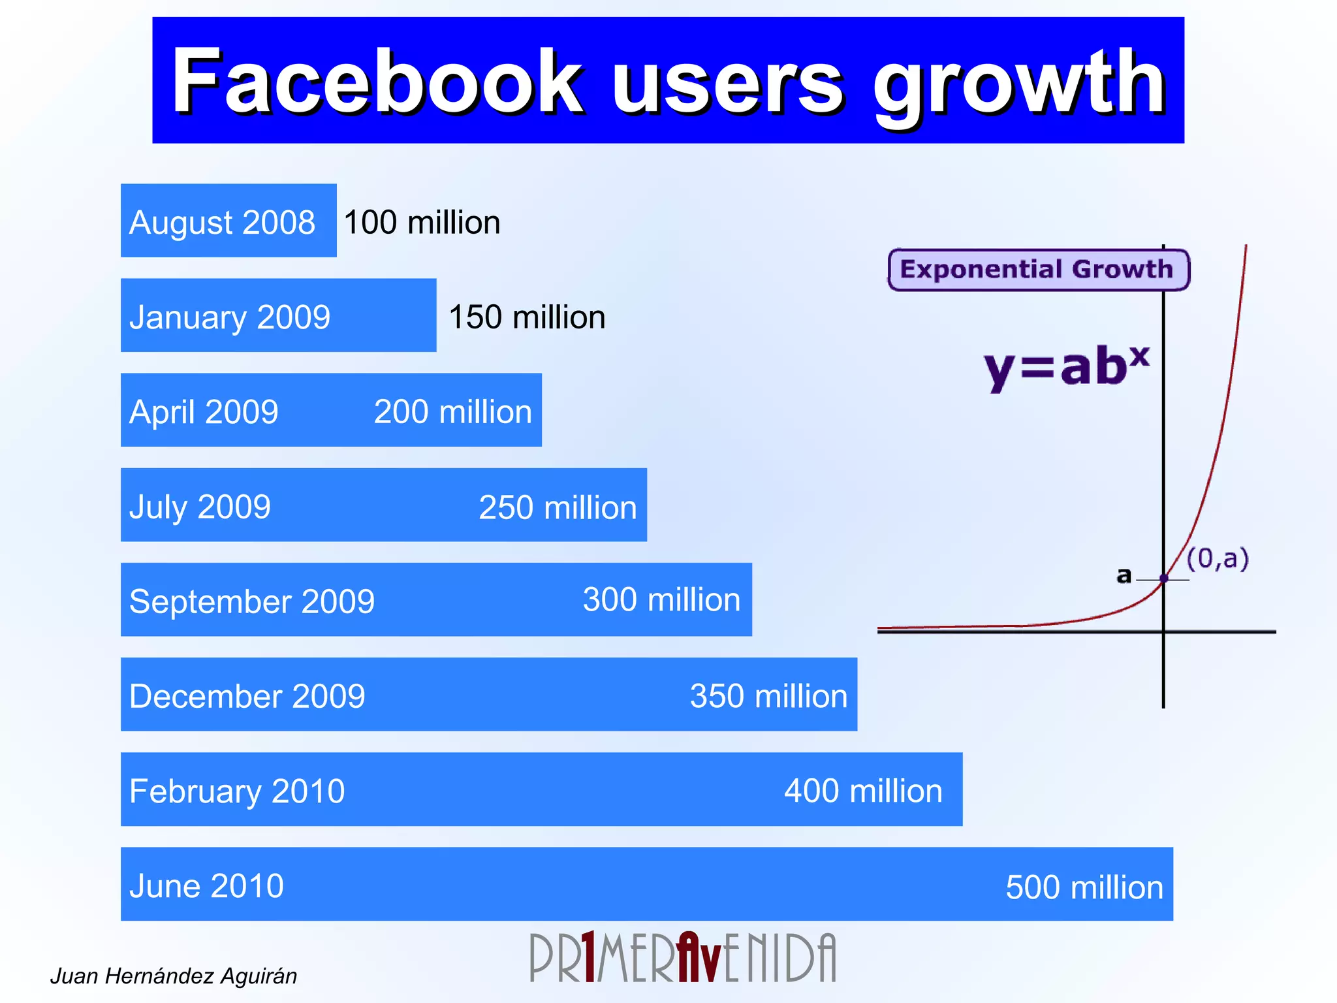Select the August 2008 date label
pyautogui.click(x=222, y=222)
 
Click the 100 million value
pyautogui.click(x=422, y=222)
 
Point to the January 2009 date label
pyautogui.click(x=230, y=317)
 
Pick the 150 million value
pyautogui.click(x=527, y=317)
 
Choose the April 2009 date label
pyautogui.click(x=204, y=411)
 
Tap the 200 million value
pyautogui.click(x=452, y=411)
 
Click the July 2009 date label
pyautogui.click(x=200, y=507)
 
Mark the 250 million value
pyautogui.click(x=558, y=507)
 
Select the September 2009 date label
pyautogui.click(x=252, y=601)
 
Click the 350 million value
pyautogui.click(x=768, y=695)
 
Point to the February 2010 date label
pyautogui.click(x=237, y=791)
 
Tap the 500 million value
pyautogui.click(x=1084, y=887)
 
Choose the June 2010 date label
pyautogui.click(x=206, y=885)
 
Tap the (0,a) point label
pyautogui.click(x=1217, y=559)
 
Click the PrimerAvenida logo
pyautogui.click(x=682, y=957)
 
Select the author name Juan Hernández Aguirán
pyautogui.click(x=174, y=976)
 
